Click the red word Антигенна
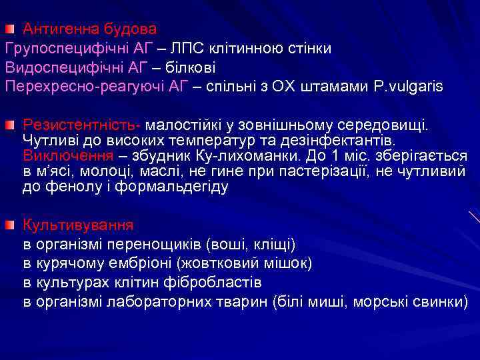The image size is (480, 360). pyautogui.click(x=56, y=29)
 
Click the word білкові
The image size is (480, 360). pyautogui.click(x=191, y=67)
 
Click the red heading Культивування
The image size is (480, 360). pyautogui.click(x=78, y=224)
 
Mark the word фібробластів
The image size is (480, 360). pyautogui.click(x=214, y=282)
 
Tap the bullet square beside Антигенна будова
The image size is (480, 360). pyautogui.click(x=11, y=29)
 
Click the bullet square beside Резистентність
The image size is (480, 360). pyautogui.click(x=11, y=125)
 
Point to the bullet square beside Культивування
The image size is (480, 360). pyautogui.click(x=11, y=224)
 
